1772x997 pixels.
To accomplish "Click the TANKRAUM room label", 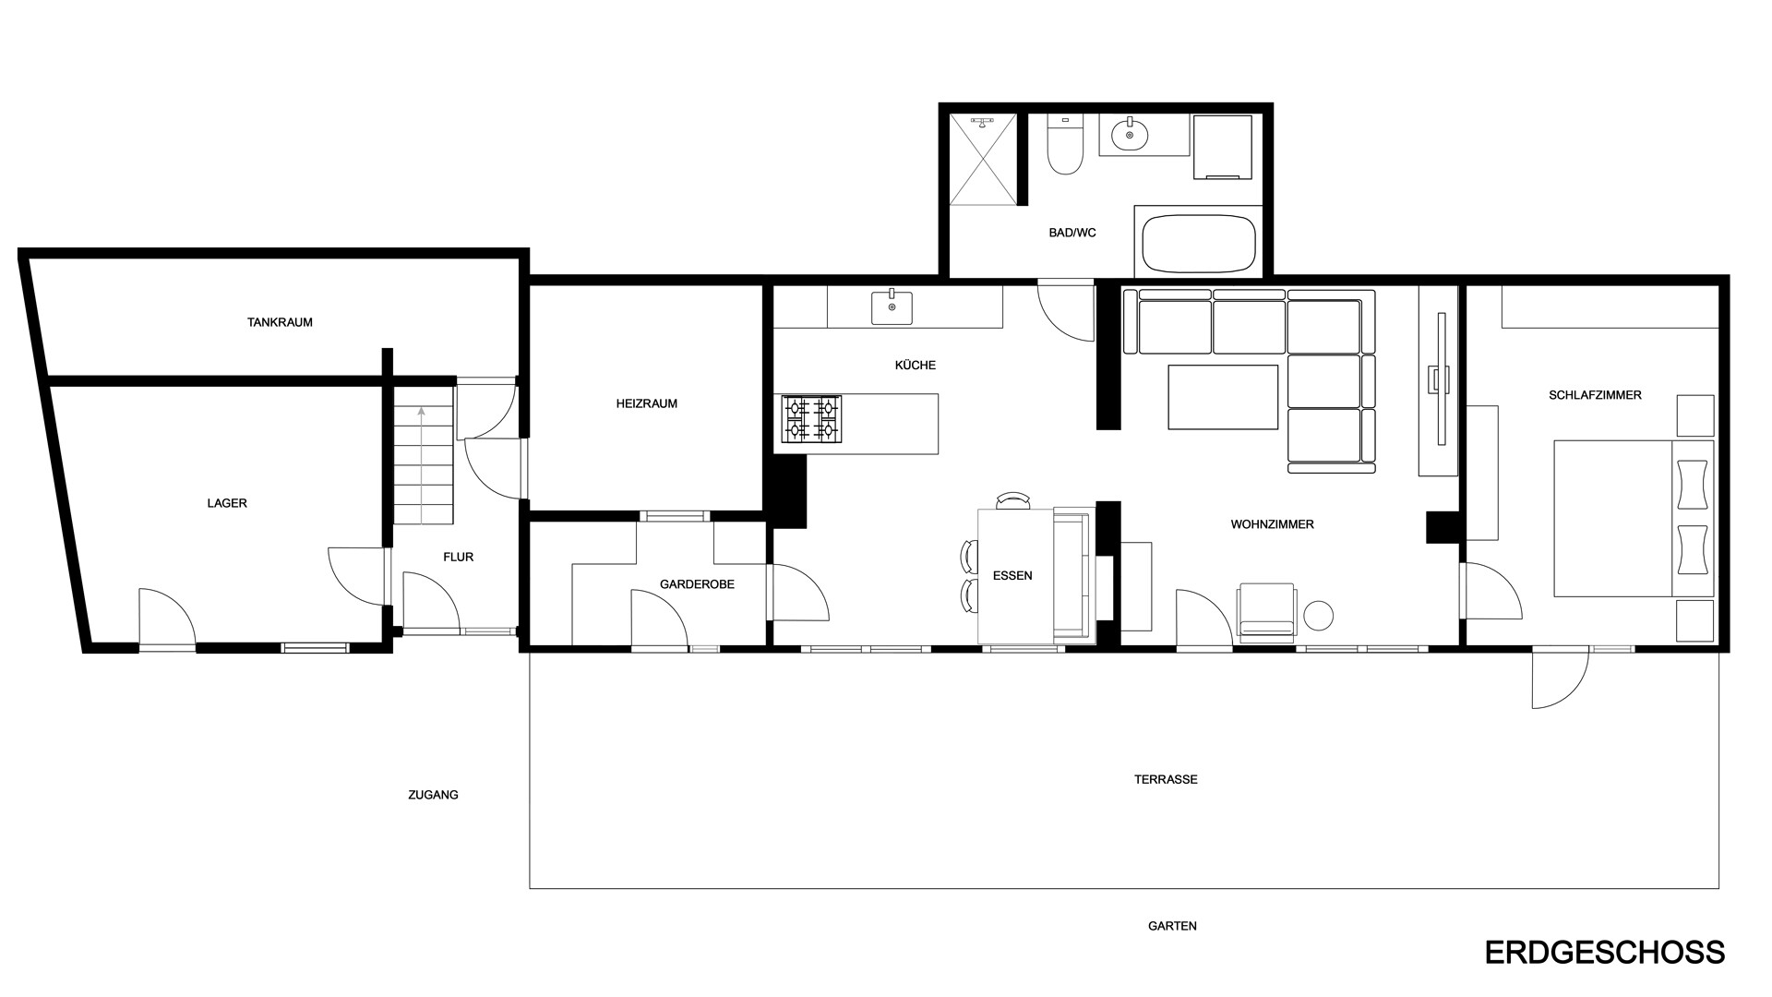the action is coord(280,322).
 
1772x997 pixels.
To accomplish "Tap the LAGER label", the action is coord(227,503).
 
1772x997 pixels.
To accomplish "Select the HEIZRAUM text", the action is coord(647,403).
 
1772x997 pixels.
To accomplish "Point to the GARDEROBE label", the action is coord(697,584).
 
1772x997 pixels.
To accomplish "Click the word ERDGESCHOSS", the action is coord(1605,953).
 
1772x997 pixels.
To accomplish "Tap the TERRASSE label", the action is coord(1166,779).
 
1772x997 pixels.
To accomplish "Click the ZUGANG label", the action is coord(433,794).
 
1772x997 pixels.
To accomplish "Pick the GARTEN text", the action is coord(1172,926).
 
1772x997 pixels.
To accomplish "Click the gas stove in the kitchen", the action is coord(811,419).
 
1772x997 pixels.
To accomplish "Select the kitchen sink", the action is coord(892,307).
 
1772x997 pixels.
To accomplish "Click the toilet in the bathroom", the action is coord(1065,145).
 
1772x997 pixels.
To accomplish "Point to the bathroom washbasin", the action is coord(1130,136).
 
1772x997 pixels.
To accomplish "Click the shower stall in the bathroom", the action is coord(983,159).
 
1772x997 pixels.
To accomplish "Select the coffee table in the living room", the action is coord(1223,397).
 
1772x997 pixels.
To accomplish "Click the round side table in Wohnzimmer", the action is coord(1318,616).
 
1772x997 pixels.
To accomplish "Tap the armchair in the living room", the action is coord(1267,612).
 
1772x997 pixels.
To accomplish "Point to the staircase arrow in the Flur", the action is coord(422,465).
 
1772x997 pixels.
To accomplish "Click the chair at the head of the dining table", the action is coord(1013,501).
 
